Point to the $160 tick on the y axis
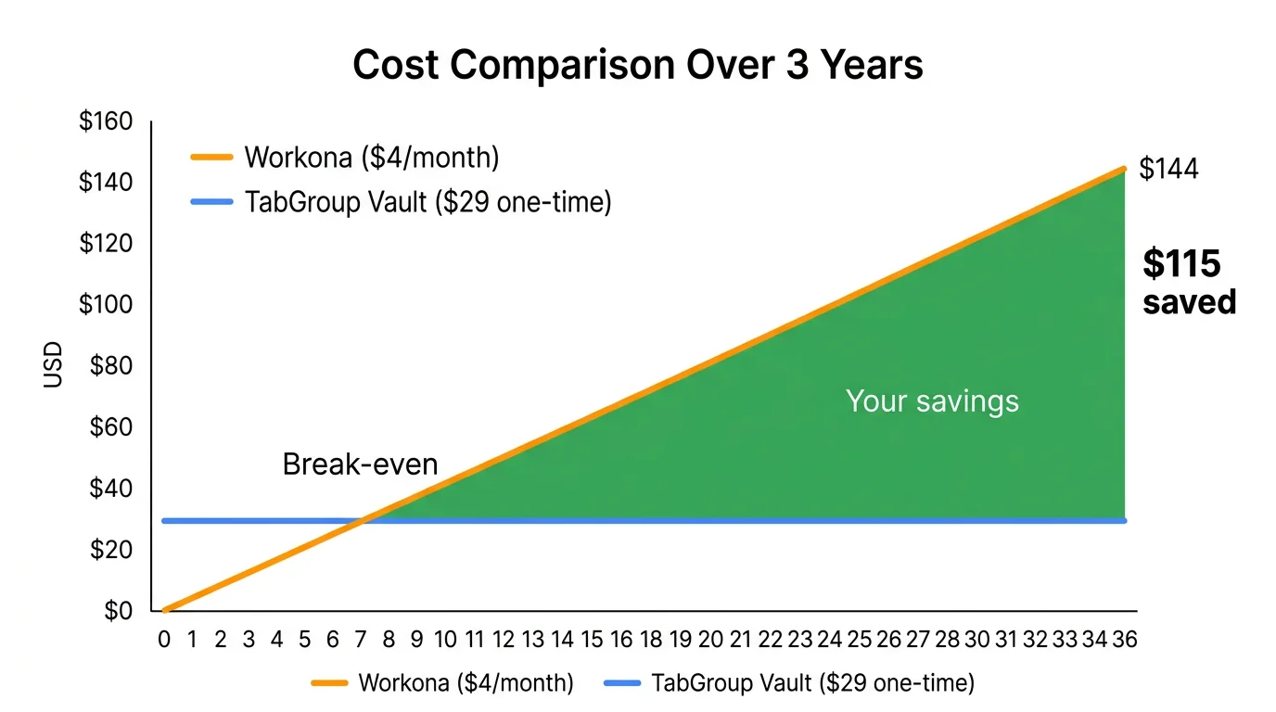(107, 122)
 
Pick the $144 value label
(1168, 169)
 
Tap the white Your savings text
(932, 400)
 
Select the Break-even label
(360, 464)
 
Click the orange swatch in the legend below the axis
(330, 684)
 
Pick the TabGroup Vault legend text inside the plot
(427, 202)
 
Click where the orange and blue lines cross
(360, 520)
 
